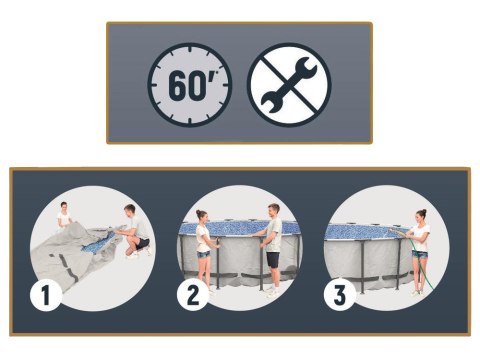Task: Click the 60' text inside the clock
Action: click(x=192, y=86)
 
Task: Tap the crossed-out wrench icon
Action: click(x=289, y=85)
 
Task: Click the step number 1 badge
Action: click(x=46, y=295)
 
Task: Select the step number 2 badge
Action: click(x=193, y=295)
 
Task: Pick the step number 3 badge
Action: click(x=340, y=295)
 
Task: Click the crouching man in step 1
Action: click(x=135, y=231)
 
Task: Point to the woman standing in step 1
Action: click(x=64, y=216)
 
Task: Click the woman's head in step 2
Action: click(x=202, y=217)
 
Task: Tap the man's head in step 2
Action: click(x=274, y=210)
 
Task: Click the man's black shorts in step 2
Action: click(x=273, y=260)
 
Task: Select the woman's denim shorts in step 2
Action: click(x=203, y=254)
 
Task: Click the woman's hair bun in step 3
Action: click(x=424, y=211)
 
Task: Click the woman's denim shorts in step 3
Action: click(x=419, y=254)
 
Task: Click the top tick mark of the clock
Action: click(x=190, y=50)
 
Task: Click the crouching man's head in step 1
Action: click(x=130, y=211)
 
